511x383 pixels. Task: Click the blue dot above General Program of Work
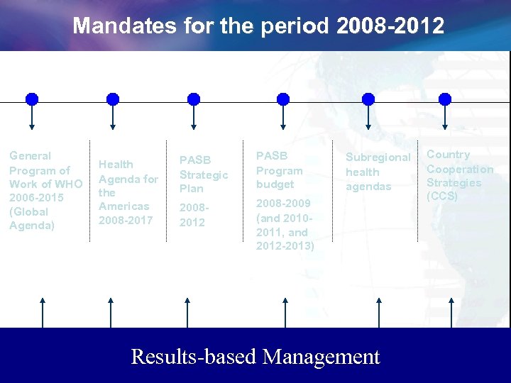click(x=32, y=99)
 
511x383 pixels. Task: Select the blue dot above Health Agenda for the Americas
click(x=112, y=99)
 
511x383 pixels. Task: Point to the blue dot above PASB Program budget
click(x=283, y=99)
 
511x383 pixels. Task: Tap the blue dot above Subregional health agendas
click(x=368, y=99)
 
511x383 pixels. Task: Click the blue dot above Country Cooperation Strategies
click(x=445, y=99)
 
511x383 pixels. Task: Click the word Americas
click(x=124, y=206)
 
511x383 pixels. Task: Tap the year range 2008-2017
click(x=126, y=220)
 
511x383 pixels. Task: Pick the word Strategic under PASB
click(x=204, y=174)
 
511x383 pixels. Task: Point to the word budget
click(x=275, y=184)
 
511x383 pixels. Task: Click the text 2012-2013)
click(x=285, y=245)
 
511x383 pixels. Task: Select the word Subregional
click(x=378, y=157)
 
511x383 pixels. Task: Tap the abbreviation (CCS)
click(x=442, y=196)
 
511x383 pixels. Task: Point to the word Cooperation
click(x=460, y=169)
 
